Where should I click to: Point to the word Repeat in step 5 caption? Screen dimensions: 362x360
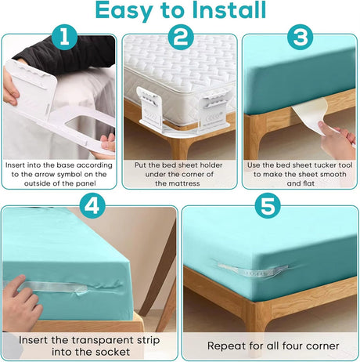click(227, 346)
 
